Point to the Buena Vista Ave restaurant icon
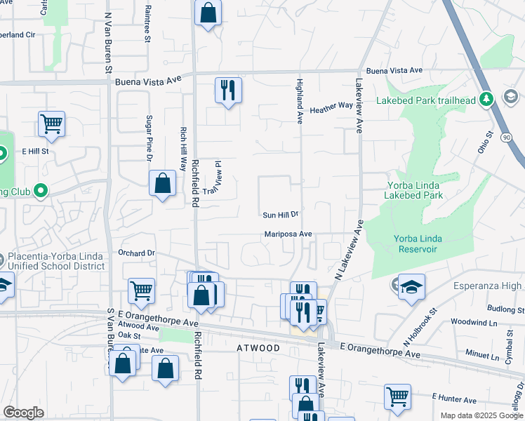point(228,90)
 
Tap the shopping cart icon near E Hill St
point(51,124)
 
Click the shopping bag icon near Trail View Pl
point(162,184)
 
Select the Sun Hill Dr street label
point(281,215)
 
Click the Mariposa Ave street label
point(288,234)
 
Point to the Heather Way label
point(331,107)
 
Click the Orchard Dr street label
point(135,253)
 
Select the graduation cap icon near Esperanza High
point(411,286)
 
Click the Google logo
point(23,413)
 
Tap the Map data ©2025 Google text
point(481,415)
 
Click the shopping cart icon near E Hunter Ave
point(397,396)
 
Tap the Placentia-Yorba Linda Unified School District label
point(56,262)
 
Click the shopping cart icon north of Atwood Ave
point(142,290)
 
